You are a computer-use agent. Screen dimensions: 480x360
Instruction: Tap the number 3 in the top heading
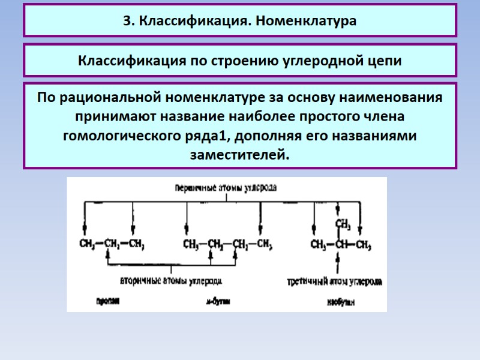(127, 21)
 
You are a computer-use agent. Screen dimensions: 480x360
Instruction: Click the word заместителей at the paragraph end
(239, 155)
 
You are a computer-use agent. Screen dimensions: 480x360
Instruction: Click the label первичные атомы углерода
(225, 188)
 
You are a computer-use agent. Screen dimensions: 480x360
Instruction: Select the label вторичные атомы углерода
(172, 280)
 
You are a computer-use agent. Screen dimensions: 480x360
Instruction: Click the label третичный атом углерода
(335, 280)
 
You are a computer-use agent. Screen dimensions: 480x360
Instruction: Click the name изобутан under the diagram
(341, 302)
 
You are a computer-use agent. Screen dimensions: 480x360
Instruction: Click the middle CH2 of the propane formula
(112, 245)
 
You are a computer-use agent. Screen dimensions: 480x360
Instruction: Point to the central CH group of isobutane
(341, 245)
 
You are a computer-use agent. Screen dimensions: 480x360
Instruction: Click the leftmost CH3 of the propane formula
(88, 245)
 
